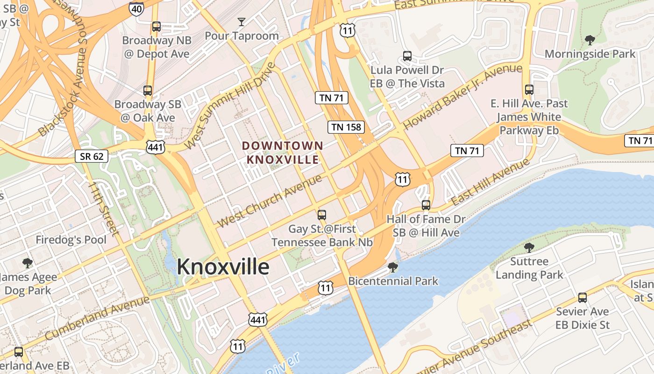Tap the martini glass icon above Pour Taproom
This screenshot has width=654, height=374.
(x=241, y=22)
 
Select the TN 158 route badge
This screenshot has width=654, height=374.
(x=346, y=127)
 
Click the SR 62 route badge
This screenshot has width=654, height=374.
(x=92, y=156)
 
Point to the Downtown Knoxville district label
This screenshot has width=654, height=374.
(x=282, y=152)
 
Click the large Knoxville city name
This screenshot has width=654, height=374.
(x=223, y=267)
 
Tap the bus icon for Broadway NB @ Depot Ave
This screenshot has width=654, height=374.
(x=156, y=27)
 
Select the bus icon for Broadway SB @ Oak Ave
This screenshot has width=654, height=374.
(x=148, y=91)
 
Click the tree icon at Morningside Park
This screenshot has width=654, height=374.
(x=590, y=40)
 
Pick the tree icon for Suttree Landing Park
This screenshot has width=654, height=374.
(x=529, y=247)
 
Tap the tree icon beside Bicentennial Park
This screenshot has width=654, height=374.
(x=393, y=267)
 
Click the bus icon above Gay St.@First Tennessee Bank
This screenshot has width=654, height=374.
(x=321, y=215)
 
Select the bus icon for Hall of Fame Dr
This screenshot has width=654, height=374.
(x=426, y=205)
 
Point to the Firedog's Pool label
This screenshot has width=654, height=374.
(x=71, y=240)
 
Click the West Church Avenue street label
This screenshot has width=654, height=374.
(x=270, y=201)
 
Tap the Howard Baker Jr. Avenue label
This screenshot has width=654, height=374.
(x=462, y=97)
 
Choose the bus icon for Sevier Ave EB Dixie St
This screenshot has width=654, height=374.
(x=582, y=297)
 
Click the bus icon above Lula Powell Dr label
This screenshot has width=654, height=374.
(x=407, y=56)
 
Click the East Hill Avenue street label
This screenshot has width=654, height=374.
(x=490, y=182)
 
